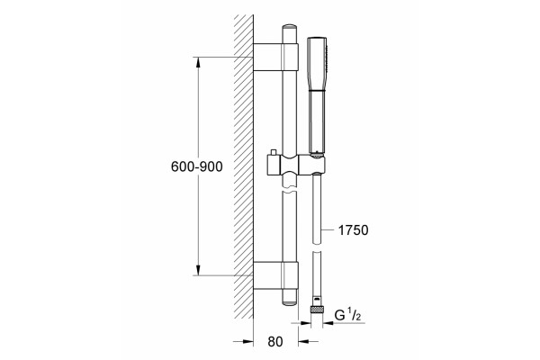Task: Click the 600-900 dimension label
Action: coord(196,166)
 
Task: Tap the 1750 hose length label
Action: coord(353,230)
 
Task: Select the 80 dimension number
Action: coord(275,341)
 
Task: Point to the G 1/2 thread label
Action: coord(347,316)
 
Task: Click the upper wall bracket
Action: coord(275,58)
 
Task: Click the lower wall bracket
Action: coord(275,275)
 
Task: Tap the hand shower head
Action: coord(317,95)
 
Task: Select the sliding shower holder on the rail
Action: coord(296,165)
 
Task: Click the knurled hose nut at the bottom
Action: coord(317,309)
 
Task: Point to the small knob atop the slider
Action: coord(274,152)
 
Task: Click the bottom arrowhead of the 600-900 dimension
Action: coord(198,270)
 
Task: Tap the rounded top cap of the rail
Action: coord(289,27)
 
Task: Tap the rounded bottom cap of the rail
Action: coord(289,303)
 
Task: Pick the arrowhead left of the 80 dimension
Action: coord(248,341)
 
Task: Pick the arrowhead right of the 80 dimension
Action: coord(304,341)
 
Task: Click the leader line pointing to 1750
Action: coord(328,229)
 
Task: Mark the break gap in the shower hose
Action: coord(317,248)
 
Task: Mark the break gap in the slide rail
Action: coord(289,190)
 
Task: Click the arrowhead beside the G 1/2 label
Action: coord(328,323)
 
